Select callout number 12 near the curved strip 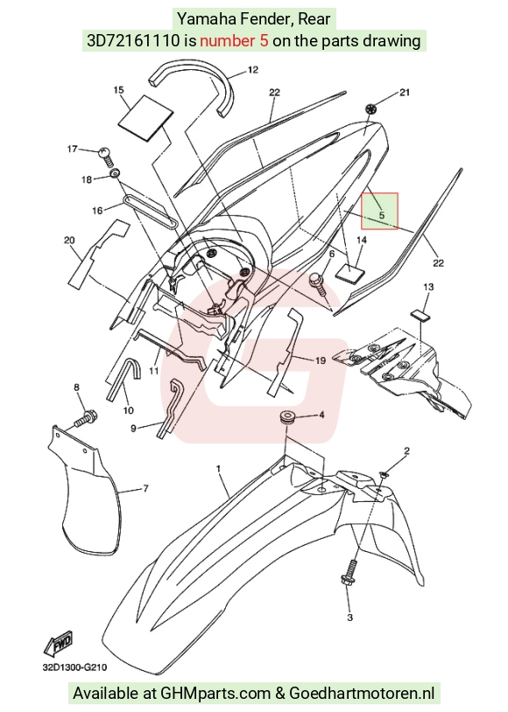[x=253, y=69]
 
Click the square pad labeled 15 [x=146, y=116]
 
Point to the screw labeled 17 [x=105, y=155]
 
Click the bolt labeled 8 [x=86, y=418]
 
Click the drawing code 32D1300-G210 [x=75, y=667]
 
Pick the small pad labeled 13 [x=422, y=315]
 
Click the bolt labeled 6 [x=319, y=283]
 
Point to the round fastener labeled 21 [x=371, y=109]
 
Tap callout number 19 [x=321, y=360]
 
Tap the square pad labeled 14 [x=350, y=272]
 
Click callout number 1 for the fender [x=218, y=468]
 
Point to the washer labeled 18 [x=115, y=173]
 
